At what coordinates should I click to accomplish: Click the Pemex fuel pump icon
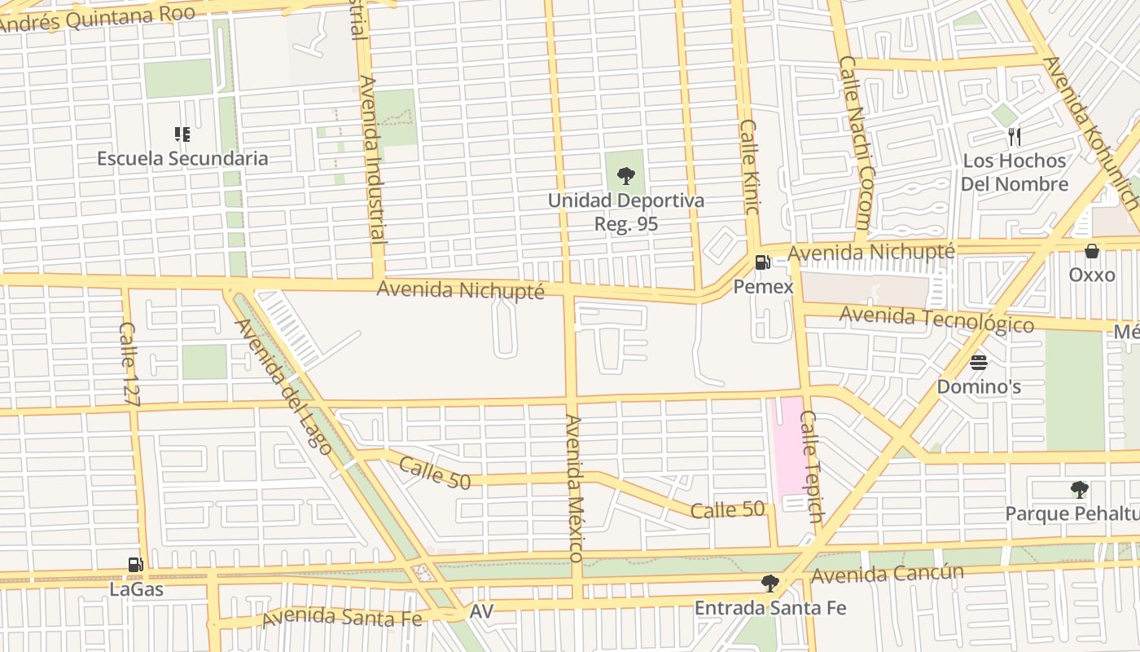(763, 262)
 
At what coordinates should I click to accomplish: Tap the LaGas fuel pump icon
(136, 565)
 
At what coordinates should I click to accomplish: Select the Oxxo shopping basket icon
(1092, 251)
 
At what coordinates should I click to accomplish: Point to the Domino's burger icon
(979, 362)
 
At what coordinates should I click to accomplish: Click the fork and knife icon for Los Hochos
(1014, 136)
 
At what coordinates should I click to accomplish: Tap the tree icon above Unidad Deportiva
(625, 176)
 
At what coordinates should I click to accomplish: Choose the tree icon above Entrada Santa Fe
(769, 584)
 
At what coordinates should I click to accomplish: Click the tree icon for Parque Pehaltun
(1080, 490)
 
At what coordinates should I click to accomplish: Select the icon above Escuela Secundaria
(182, 134)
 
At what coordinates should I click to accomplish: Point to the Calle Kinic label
(750, 167)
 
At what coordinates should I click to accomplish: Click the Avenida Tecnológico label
(936, 319)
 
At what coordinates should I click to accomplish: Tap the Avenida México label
(575, 487)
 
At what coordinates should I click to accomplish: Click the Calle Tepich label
(812, 466)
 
